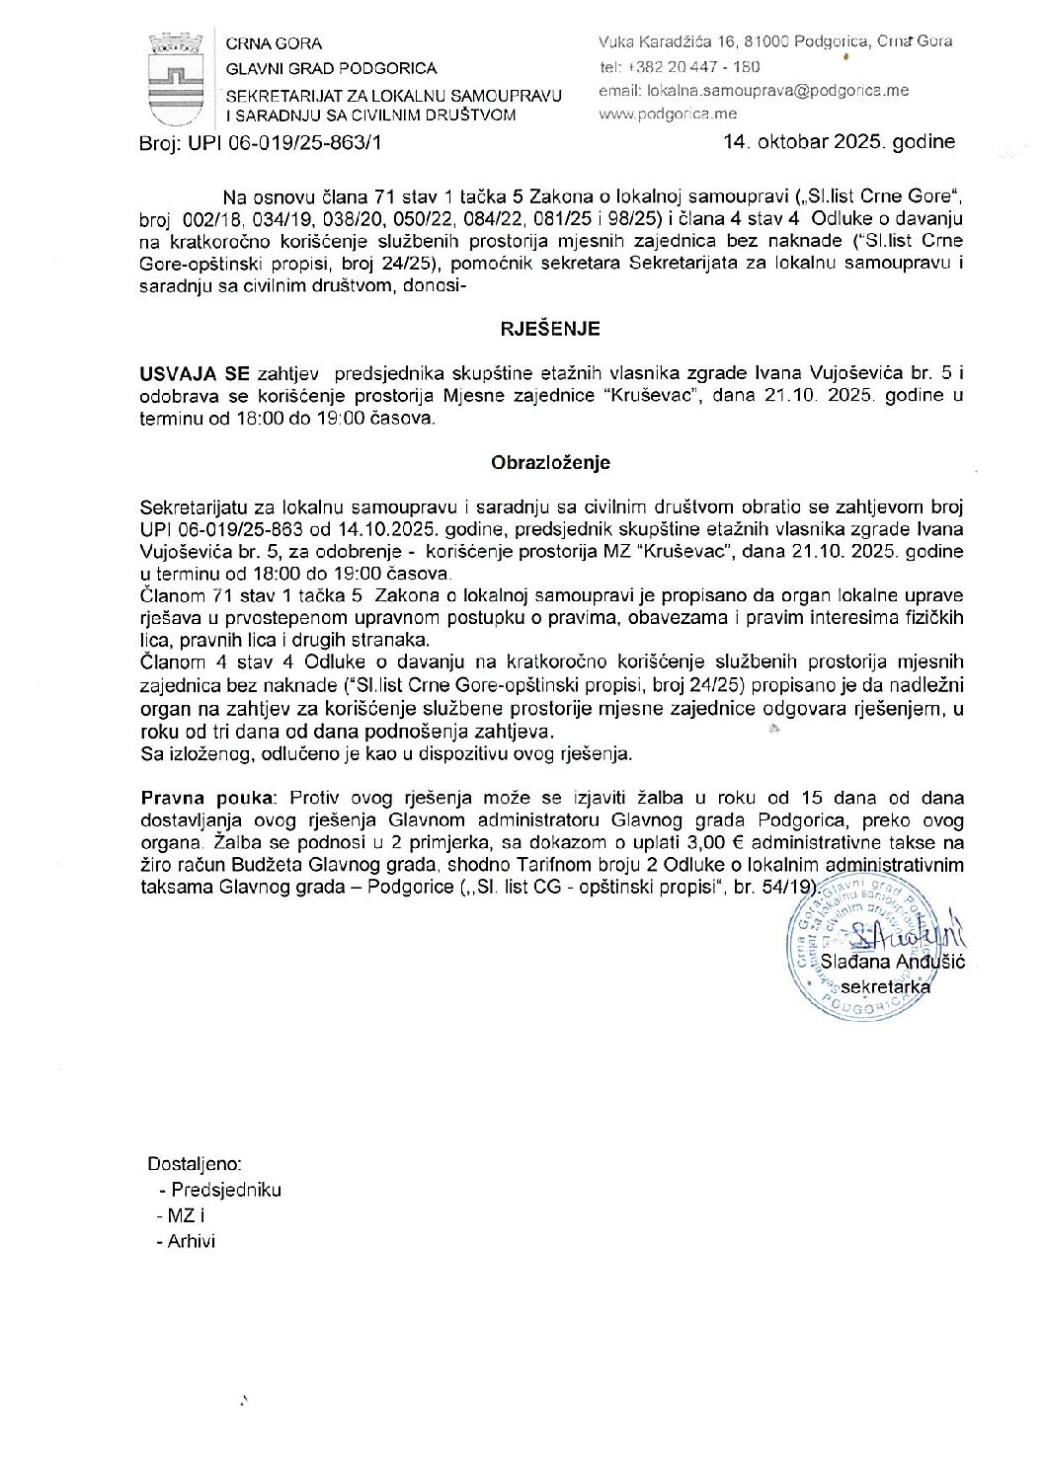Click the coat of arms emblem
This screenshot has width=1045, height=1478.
(177, 77)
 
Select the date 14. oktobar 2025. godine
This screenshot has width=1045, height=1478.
(839, 141)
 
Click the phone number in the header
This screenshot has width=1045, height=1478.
(680, 67)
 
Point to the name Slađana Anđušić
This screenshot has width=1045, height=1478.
(893, 962)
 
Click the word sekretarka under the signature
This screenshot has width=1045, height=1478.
(885, 985)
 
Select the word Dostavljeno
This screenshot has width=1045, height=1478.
(195, 1164)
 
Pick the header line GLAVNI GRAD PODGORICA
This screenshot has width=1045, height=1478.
(331, 68)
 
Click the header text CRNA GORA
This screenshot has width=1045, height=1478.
(274, 43)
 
